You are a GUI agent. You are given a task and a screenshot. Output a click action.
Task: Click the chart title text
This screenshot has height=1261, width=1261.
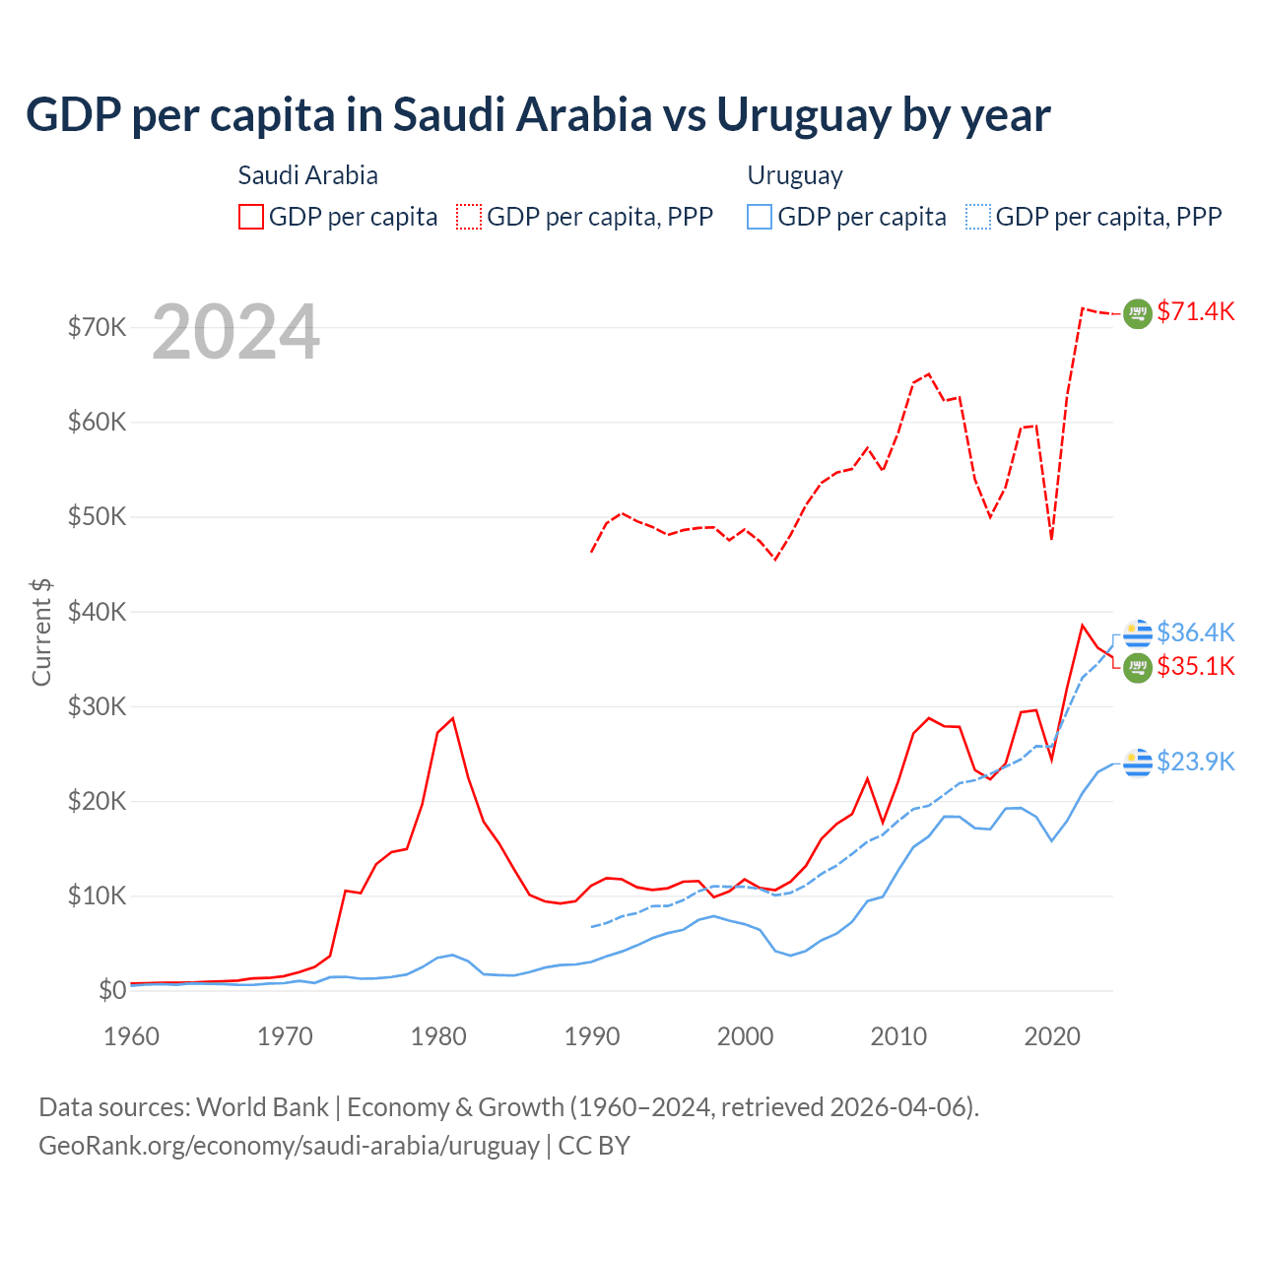pos(538,115)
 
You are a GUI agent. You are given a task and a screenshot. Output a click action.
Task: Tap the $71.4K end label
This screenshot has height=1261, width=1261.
pos(1195,312)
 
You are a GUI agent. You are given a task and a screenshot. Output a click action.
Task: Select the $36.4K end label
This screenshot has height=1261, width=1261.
pos(1195,632)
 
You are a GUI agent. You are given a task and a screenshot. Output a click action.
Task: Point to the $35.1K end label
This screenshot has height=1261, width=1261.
pos(1195,667)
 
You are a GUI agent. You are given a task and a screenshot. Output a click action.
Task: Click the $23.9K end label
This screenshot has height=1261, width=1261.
pos(1195,762)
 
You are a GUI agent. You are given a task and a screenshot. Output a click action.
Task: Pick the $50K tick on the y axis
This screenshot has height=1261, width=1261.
pos(97,517)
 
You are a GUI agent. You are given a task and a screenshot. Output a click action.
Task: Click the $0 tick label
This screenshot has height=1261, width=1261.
pos(111,990)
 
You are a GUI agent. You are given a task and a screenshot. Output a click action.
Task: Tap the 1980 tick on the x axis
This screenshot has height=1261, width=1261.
pos(438,1036)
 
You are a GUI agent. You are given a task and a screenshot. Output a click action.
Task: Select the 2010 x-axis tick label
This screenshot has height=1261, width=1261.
pos(898,1036)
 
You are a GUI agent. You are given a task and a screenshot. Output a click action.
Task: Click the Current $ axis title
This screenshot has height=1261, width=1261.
pos(41,631)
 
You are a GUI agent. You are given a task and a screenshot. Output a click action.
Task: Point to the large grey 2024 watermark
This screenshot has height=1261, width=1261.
pos(235,332)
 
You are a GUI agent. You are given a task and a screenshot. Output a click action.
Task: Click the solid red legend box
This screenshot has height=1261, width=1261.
pos(251,217)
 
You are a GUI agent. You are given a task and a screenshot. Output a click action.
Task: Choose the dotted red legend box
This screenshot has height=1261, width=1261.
pos(469,217)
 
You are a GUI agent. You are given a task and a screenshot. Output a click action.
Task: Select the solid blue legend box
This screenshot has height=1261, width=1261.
pos(760,217)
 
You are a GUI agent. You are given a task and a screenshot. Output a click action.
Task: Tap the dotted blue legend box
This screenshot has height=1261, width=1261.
pos(978,217)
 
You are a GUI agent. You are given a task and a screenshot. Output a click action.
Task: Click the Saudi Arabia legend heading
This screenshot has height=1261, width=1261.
pos(307,175)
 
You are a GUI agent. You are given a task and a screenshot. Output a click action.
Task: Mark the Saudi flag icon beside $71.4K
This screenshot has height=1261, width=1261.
pos(1138,313)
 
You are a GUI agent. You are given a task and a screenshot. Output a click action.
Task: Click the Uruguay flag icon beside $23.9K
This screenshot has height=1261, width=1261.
pos(1138,763)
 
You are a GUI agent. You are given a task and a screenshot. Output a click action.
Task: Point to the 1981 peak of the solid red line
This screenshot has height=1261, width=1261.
pos(453,718)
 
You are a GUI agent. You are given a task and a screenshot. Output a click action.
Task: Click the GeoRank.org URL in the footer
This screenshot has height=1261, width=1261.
pos(289,1146)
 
